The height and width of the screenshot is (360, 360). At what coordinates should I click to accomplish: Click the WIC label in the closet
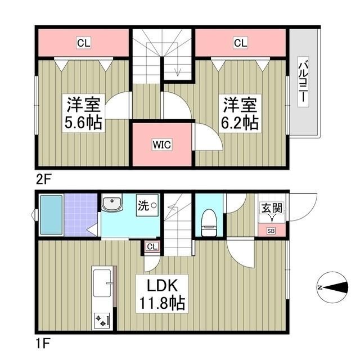point(162,145)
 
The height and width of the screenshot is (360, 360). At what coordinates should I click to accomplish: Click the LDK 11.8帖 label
point(162,294)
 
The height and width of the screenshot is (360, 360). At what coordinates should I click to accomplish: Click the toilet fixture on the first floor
point(209,222)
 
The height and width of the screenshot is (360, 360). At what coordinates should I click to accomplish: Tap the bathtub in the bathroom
point(52,215)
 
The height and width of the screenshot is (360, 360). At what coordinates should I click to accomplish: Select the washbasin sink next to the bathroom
point(112,202)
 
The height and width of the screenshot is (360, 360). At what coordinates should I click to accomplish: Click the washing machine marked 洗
point(147,205)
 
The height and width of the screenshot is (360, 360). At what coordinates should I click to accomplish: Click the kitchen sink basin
point(102,283)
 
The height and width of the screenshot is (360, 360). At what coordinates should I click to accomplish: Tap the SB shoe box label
point(271,231)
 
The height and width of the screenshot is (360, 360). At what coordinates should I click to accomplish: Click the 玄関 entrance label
point(272,208)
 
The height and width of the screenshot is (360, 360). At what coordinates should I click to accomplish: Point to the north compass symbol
point(332,287)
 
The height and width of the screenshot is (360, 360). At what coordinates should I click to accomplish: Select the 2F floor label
point(43,179)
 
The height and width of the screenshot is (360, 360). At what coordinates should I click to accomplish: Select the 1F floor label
point(43,343)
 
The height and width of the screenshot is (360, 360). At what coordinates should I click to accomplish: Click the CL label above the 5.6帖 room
point(84,43)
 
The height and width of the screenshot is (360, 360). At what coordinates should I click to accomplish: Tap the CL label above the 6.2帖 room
point(240,43)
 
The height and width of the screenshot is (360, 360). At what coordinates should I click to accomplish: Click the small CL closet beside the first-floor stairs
point(152,246)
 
